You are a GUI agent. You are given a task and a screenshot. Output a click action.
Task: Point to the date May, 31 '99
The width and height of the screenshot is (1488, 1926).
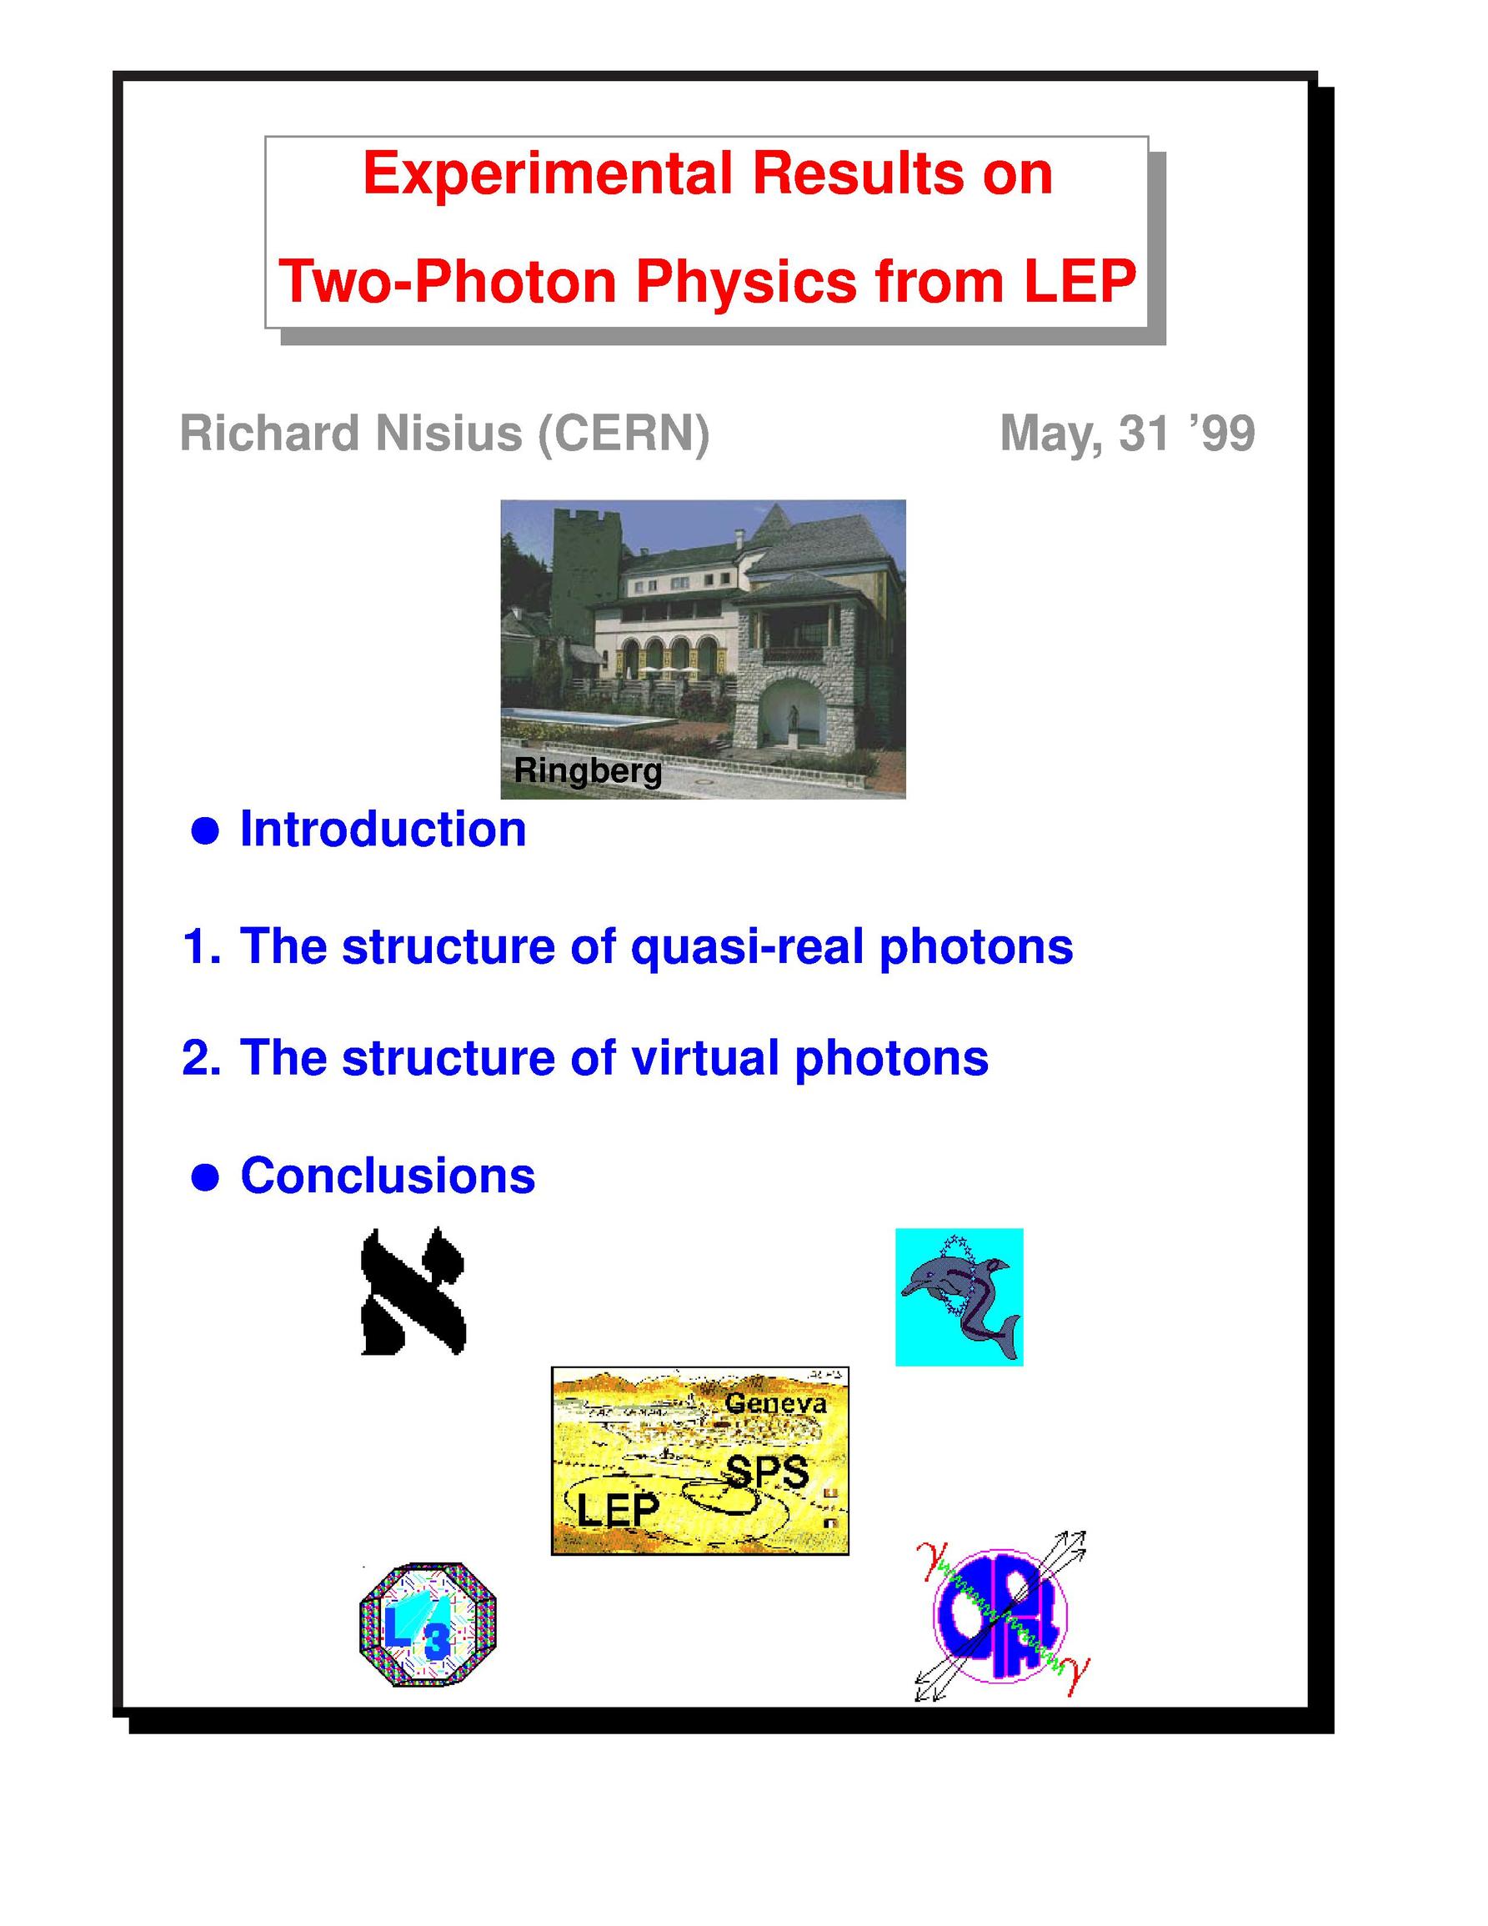click(x=1126, y=434)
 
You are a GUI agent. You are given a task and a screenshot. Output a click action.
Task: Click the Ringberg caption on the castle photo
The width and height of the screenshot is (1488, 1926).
click(x=588, y=770)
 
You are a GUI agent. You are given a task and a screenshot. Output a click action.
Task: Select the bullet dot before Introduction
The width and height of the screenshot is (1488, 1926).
click(x=204, y=830)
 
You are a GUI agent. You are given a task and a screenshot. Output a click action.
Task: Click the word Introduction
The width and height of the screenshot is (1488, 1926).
click(x=383, y=829)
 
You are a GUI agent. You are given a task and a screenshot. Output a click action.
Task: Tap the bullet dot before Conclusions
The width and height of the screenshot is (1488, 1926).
click(x=204, y=1177)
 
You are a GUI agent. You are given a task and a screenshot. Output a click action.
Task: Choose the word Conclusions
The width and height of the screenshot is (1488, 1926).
click(x=388, y=1176)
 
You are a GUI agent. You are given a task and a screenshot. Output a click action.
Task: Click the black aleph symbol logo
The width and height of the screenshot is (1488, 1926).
click(x=413, y=1292)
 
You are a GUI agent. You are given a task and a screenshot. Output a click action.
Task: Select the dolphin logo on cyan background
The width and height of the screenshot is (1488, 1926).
click(x=959, y=1297)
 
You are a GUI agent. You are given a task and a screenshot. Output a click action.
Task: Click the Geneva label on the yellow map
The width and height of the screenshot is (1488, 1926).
click(x=776, y=1404)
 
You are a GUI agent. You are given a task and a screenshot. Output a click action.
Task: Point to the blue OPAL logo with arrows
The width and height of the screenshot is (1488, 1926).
click(x=1001, y=1617)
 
